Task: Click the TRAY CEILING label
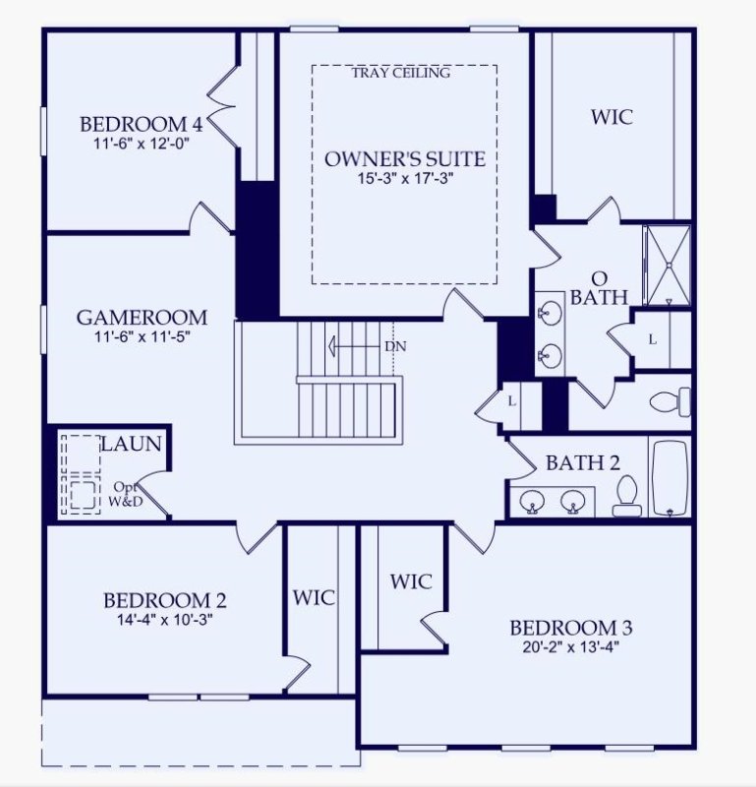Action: coord(400,72)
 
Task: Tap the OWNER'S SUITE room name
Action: coord(405,158)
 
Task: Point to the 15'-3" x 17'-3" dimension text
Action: coord(405,179)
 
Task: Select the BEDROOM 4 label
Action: coord(142,124)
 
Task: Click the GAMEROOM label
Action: coord(142,317)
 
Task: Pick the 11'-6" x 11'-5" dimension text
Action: coord(142,336)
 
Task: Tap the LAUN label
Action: coord(131,444)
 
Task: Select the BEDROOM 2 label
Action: coord(165,600)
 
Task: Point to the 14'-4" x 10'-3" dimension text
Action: coord(165,620)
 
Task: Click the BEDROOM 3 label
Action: coord(570,628)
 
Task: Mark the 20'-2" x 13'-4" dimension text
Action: coord(570,647)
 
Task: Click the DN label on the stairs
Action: coord(394,346)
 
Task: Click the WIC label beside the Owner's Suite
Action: coord(611,117)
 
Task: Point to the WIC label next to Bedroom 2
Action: coord(314,597)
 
